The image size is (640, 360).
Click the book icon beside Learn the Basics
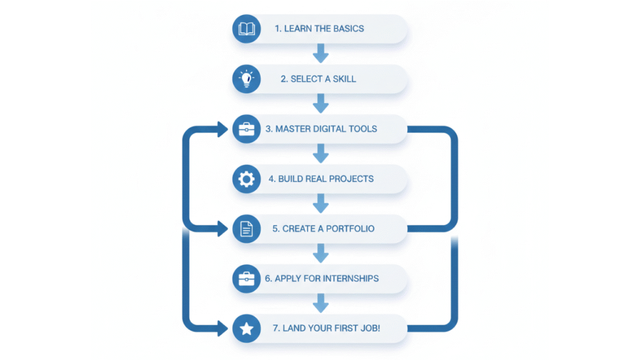coord(246,29)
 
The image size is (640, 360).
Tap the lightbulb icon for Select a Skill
coord(246,79)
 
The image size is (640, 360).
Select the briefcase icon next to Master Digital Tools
coord(246,129)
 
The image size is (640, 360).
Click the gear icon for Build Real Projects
coord(246,179)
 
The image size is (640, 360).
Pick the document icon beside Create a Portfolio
coord(246,229)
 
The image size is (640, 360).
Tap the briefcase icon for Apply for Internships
coord(246,279)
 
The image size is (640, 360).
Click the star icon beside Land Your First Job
coord(246,329)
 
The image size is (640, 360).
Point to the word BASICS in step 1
coord(346,29)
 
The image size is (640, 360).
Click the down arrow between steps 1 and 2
coord(321,54)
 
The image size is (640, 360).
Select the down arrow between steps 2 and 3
coord(321,104)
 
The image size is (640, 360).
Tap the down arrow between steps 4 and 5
coord(321,204)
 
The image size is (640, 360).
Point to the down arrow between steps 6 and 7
coord(321,304)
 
